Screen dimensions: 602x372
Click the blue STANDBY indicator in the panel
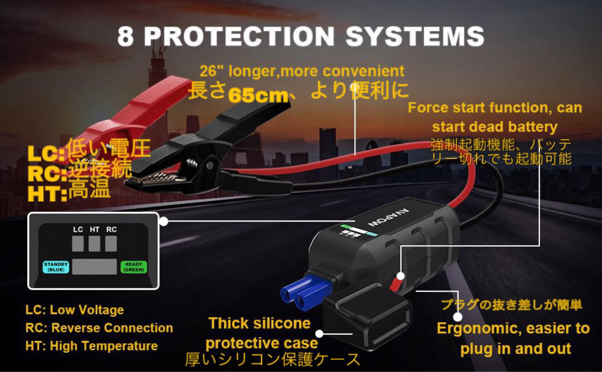coord(56,267)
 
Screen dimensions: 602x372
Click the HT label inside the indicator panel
coord(95,230)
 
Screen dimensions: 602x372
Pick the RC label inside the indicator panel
coord(111,230)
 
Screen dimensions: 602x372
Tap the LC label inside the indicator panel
coord(78,230)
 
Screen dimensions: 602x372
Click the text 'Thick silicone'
coord(260,323)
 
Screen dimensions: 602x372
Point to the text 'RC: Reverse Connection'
coord(99,328)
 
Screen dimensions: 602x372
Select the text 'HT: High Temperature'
coord(92,346)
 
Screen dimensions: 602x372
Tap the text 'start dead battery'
coord(495,127)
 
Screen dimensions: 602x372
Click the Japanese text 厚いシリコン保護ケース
coord(273,359)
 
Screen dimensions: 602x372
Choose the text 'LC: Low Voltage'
coord(74,310)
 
